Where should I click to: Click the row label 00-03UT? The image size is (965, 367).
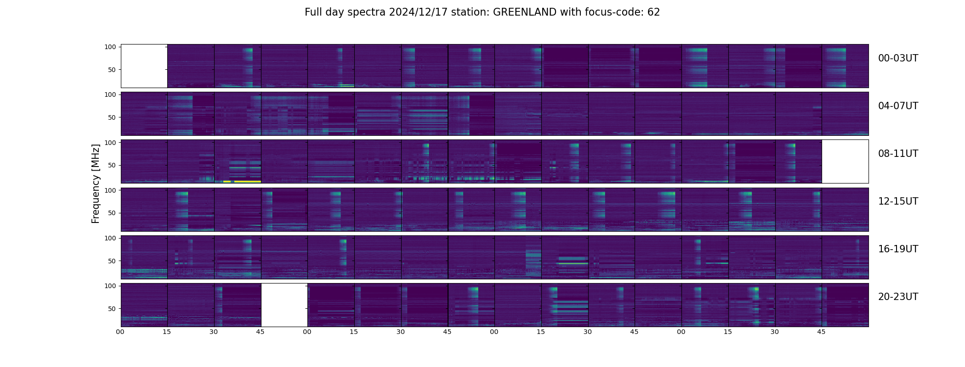click(898, 58)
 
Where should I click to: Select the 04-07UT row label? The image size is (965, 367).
click(898, 106)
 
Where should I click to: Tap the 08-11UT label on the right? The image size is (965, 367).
click(898, 154)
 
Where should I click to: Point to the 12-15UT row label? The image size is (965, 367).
click(898, 201)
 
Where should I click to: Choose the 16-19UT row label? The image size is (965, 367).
click(898, 249)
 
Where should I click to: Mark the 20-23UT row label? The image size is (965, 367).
click(898, 297)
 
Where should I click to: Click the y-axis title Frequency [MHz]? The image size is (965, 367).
click(96, 184)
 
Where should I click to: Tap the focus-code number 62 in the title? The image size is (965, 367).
click(653, 12)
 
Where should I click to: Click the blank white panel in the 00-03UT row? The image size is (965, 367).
click(144, 66)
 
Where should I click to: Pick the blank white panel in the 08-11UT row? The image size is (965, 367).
click(845, 161)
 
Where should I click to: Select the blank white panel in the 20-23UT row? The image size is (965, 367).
click(284, 305)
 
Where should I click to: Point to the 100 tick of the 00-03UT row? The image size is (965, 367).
click(110, 47)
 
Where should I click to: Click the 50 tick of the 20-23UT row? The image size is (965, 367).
click(112, 309)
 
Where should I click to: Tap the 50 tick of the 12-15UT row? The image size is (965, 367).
click(112, 213)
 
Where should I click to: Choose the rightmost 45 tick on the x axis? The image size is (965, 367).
click(821, 332)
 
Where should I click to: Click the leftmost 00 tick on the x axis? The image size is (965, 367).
click(120, 332)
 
